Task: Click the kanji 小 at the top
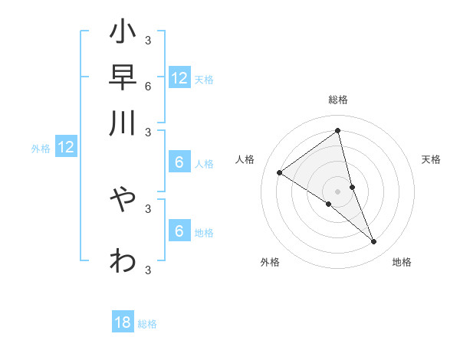(123, 34)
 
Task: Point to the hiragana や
(123, 199)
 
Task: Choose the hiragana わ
(123, 260)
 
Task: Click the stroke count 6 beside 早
(147, 86)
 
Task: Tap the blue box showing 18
(123, 322)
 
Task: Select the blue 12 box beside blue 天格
(179, 78)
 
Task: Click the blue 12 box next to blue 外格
(66, 147)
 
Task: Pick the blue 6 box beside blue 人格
(179, 162)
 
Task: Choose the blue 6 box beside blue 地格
(179, 231)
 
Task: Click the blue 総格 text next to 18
(147, 325)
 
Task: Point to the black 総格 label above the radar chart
(337, 100)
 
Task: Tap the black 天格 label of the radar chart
(431, 159)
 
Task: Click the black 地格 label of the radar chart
(402, 262)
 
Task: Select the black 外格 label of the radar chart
(270, 262)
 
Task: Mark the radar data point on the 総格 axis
(337, 130)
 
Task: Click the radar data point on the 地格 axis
(374, 242)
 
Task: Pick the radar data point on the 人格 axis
(279, 172)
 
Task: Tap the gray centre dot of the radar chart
(337, 191)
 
